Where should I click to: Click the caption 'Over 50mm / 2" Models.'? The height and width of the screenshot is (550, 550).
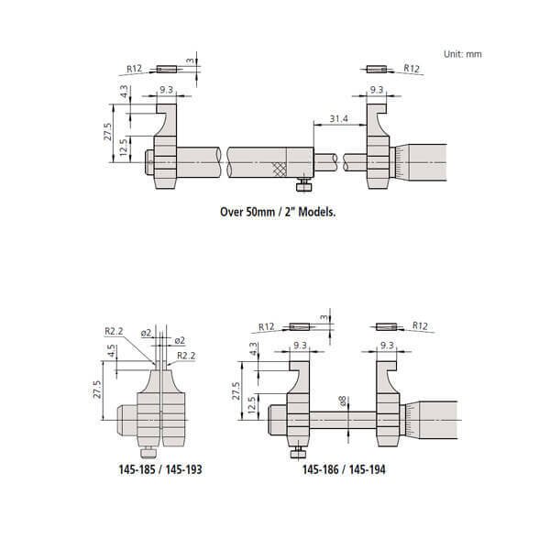(x=278, y=210)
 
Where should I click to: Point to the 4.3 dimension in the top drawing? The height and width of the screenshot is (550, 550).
(x=124, y=93)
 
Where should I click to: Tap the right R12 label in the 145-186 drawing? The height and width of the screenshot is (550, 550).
(x=421, y=325)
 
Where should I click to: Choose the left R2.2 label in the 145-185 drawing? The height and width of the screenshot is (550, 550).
(x=115, y=330)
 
